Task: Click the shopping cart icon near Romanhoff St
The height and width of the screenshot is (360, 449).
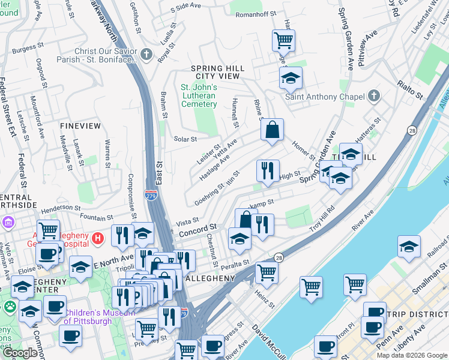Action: point(283,41)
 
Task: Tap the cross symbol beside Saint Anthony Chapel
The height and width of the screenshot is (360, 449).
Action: point(374,96)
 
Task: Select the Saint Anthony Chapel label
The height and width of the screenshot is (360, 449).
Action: point(324,97)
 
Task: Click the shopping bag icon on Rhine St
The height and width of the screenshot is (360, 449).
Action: point(272,130)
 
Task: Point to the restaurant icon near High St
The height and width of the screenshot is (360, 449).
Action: point(268,170)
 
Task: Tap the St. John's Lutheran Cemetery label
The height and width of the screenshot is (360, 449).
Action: point(199,96)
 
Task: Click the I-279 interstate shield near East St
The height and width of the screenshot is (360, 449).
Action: point(151,195)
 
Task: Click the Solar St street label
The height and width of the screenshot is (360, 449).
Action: point(185,139)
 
